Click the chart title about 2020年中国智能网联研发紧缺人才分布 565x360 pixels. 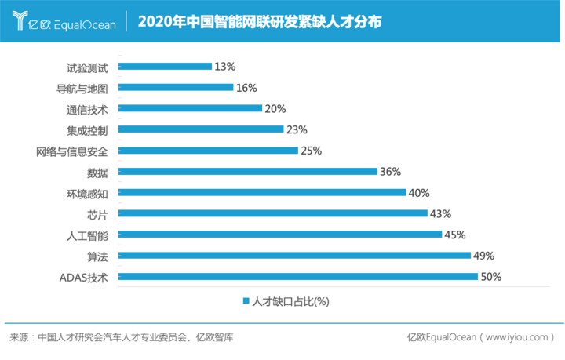(x=260, y=22)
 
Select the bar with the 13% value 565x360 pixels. (x=166, y=66)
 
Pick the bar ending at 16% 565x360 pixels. (x=177, y=87)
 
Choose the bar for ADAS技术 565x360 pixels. (x=299, y=276)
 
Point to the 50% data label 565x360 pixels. (x=490, y=276)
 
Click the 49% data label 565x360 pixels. (x=483, y=255)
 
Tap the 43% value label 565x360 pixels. (x=439, y=213)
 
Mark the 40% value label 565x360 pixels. (x=418, y=192)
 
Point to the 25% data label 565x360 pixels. (x=311, y=150)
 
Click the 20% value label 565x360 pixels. (x=275, y=108)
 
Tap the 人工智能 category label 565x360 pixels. (x=89, y=234)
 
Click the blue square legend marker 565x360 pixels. (x=246, y=300)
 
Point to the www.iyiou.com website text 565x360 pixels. (x=516, y=337)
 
